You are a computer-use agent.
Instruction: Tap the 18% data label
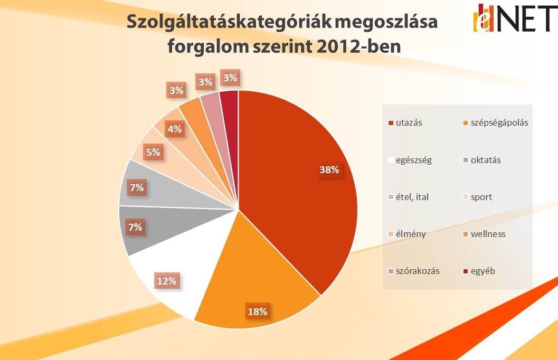257,311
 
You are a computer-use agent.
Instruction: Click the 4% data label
175,128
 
